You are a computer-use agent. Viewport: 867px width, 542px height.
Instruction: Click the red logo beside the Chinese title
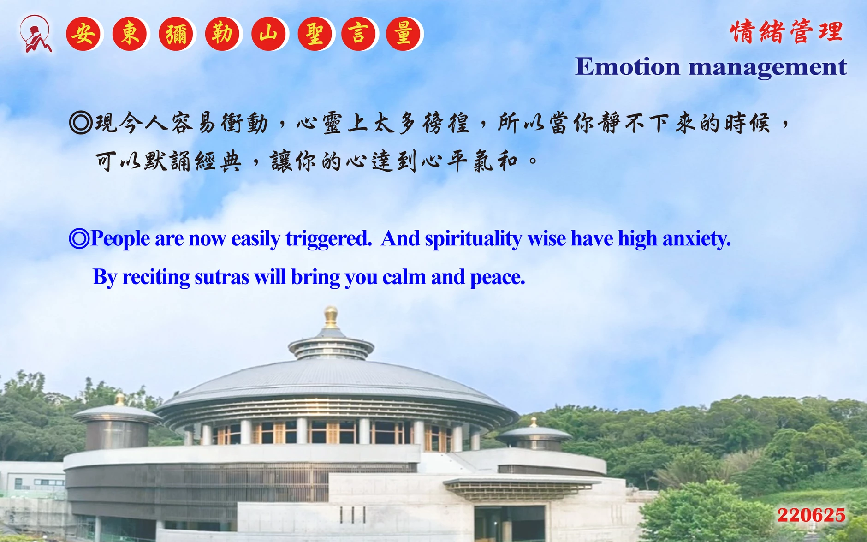point(36,34)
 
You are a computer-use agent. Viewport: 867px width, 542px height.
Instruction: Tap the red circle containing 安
point(83,34)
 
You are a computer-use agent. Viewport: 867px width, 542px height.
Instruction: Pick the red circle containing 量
point(404,34)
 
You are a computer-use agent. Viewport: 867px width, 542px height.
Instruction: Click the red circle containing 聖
point(315,34)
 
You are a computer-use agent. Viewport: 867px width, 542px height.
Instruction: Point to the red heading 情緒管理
point(787,31)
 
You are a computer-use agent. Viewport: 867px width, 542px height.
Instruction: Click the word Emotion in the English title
point(628,66)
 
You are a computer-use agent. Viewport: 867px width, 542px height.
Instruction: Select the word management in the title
point(768,67)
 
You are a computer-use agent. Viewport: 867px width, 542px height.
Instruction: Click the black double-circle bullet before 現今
point(81,123)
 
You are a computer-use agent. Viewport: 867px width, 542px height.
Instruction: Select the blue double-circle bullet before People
point(79,238)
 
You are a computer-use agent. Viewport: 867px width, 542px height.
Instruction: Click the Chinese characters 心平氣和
point(469,161)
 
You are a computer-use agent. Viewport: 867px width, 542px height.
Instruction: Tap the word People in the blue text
point(120,239)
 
